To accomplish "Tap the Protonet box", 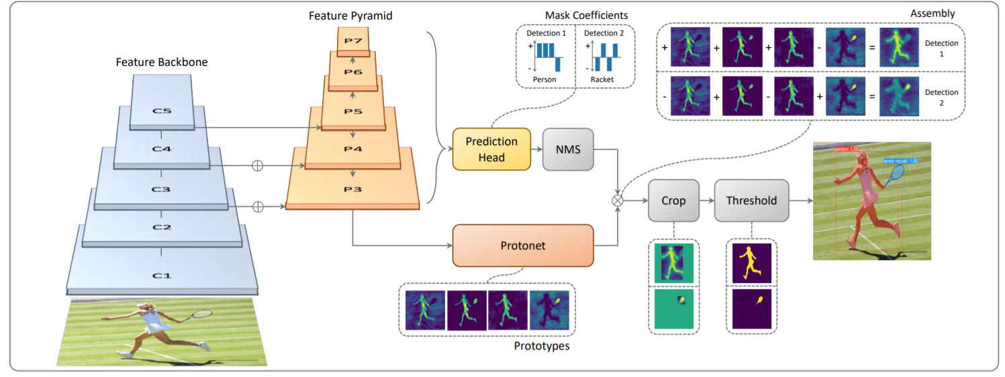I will click(x=523, y=246).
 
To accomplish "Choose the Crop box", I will click(x=673, y=200).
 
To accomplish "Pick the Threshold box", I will click(x=751, y=200).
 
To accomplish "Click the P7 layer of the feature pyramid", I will click(x=353, y=41).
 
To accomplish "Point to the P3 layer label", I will click(x=353, y=190).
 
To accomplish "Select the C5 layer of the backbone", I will click(x=162, y=112).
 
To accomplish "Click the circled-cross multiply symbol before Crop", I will click(x=616, y=200).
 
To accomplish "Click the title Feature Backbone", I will click(x=162, y=62).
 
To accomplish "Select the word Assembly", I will click(x=932, y=13).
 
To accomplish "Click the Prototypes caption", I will click(x=542, y=346).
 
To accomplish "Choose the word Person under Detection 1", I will click(x=544, y=79).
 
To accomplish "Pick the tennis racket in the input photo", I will click(x=201, y=313).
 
